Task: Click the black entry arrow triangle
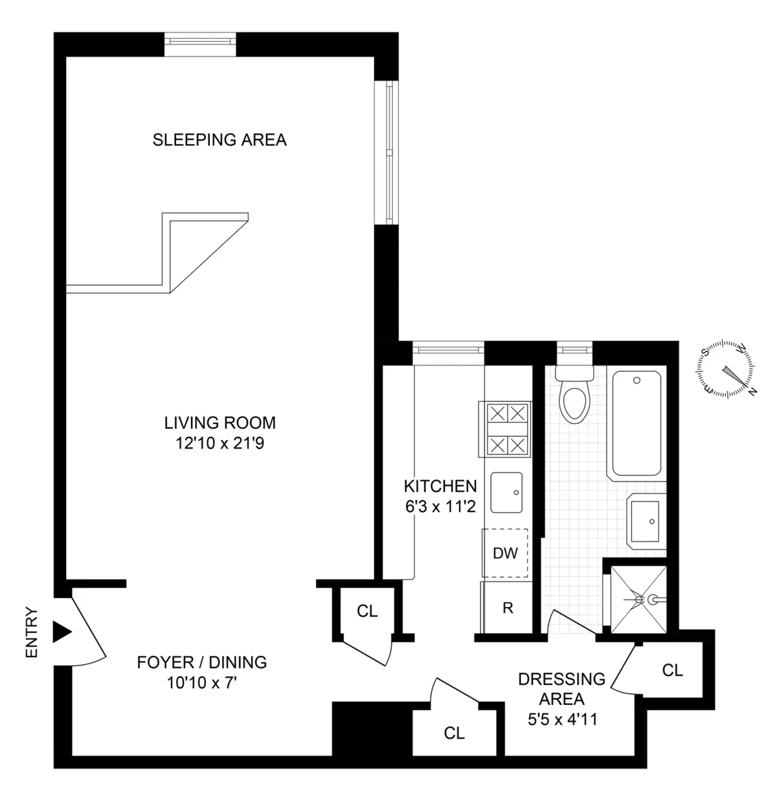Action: coord(62,632)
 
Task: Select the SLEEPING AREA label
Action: coord(220,140)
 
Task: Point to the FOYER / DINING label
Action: coord(201,662)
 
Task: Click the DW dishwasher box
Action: coord(505,553)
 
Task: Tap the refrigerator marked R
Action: coord(508,608)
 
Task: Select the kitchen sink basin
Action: coord(506,493)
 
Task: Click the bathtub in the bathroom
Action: coord(636,424)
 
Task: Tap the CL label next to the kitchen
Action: coord(367,611)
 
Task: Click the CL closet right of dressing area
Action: coord(672,670)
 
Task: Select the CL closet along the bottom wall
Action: coord(454,733)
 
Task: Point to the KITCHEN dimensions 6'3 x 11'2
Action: coord(440,507)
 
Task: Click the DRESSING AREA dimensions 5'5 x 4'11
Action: coord(561,718)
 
